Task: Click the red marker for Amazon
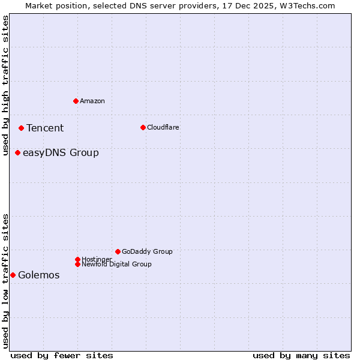point(76,101)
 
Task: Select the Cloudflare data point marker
point(143,127)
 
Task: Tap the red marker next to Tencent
point(21,128)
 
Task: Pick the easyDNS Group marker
point(17,152)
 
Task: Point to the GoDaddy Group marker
point(118,251)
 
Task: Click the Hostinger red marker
point(77,259)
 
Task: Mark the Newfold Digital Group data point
point(77,264)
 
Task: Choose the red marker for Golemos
point(13,275)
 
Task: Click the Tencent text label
point(45,128)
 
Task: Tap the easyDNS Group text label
point(61,152)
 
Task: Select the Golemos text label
point(39,275)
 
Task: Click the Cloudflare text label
point(163,127)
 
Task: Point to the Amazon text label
point(92,101)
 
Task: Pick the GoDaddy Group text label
point(147,251)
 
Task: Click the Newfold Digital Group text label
point(117,264)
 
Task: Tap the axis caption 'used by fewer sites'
point(62,355)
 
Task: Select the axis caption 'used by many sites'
point(301,355)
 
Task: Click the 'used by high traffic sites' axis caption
point(5,85)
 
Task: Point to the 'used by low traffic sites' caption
point(5,281)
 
